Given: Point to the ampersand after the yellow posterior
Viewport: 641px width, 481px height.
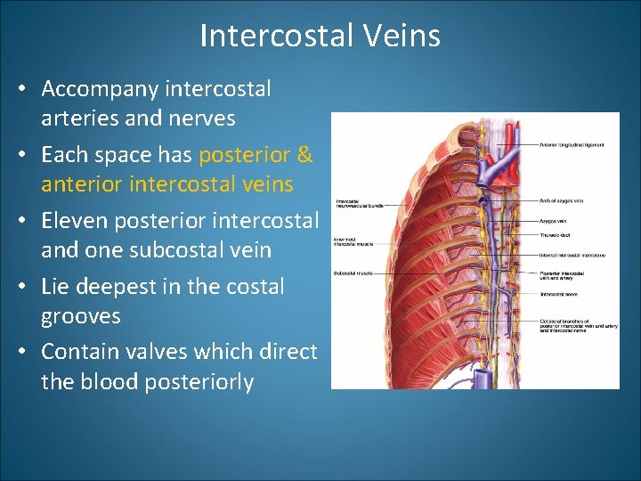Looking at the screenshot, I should tap(304, 155).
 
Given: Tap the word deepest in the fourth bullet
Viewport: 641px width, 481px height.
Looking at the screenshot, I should tap(125, 286).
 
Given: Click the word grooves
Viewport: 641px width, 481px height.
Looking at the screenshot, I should tap(81, 316).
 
